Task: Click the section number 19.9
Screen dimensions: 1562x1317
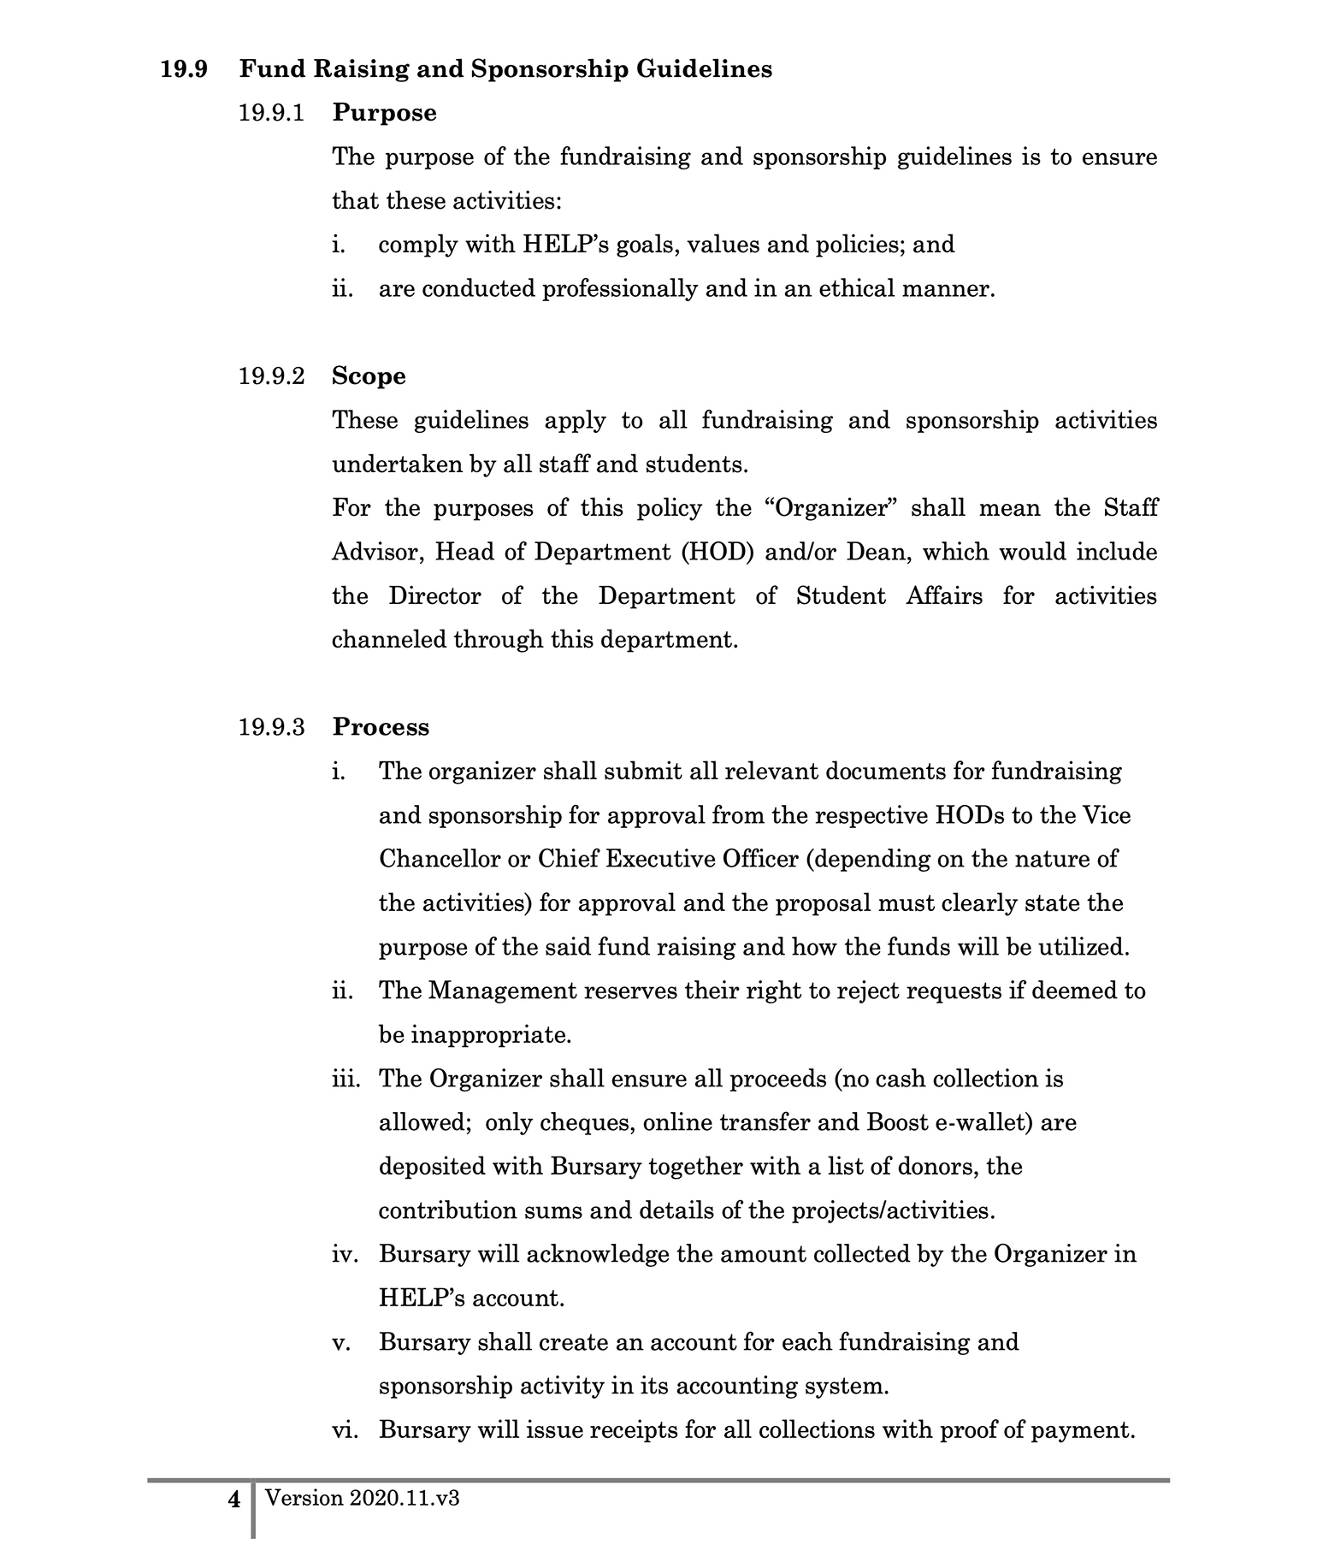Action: click(184, 69)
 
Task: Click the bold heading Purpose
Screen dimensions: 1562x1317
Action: click(384, 113)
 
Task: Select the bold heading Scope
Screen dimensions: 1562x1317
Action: click(369, 376)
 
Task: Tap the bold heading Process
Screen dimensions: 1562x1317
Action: click(381, 727)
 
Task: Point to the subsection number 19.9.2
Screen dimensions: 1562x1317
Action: click(271, 376)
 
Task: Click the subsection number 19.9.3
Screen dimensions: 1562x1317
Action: click(271, 727)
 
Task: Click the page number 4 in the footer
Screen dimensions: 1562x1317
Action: click(233, 1499)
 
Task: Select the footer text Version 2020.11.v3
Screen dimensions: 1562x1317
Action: click(363, 1498)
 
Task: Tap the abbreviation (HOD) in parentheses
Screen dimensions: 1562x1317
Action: click(717, 552)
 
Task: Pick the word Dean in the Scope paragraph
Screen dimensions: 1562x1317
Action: click(874, 552)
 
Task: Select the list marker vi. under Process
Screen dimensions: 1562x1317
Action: click(345, 1430)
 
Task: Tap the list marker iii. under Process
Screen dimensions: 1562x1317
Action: click(346, 1079)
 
